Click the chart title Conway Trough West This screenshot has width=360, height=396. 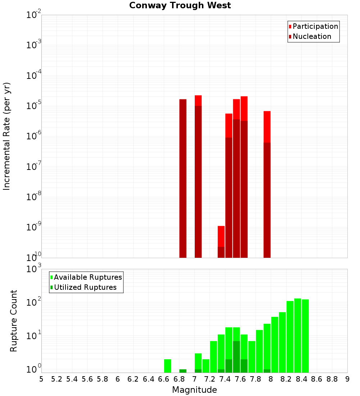coord(180,5)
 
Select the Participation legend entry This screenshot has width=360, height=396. coord(313,26)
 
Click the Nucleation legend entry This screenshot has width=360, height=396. coord(310,36)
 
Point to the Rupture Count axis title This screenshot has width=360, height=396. coord(14,320)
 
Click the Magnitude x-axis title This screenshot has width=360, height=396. coord(194,390)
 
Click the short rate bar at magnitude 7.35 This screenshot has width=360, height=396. coord(221,242)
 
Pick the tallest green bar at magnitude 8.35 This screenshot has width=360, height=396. coord(298,335)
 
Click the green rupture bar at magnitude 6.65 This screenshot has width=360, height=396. coord(167,366)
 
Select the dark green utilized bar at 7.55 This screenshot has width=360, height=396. coord(236,356)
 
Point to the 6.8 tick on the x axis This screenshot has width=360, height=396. coord(179,379)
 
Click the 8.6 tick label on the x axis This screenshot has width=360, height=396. coord(316,379)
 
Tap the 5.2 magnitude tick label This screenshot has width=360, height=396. coord(57,379)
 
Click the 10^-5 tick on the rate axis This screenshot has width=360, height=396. coord(34,106)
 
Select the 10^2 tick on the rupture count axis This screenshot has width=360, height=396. coord(34,302)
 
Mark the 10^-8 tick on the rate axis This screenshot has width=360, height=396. coord(34,197)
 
